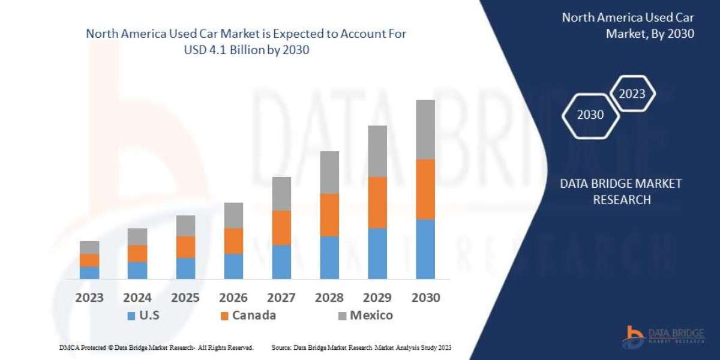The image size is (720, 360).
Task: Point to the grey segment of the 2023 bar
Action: tap(89, 247)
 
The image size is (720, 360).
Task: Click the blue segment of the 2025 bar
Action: tap(185, 268)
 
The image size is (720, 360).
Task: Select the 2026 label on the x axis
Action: tap(233, 298)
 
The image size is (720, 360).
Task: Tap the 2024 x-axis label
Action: tap(137, 298)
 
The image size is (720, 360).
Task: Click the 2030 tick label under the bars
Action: tap(425, 298)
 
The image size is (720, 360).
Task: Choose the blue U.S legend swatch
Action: tap(131, 316)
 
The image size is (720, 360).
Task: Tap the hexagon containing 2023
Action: tap(632, 94)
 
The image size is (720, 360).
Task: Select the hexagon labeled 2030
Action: tap(590, 115)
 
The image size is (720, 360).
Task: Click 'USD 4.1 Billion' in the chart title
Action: tap(223, 50)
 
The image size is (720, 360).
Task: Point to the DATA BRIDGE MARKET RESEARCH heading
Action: tap(621, 191)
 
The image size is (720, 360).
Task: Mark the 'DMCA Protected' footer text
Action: tap(155, 347)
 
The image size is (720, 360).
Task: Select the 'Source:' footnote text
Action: tap(361, 347)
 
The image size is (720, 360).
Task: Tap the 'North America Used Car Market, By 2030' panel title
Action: tap(628, 26)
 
